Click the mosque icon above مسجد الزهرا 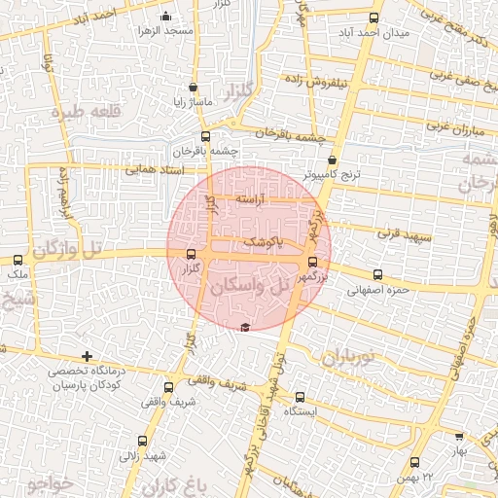coord(166,16)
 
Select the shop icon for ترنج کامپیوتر coord(333,160)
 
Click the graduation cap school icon coord(244,326)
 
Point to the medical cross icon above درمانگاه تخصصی coord(88,357)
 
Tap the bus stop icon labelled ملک coord(18,260)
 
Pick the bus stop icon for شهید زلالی coord(143,441)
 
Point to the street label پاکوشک coord(265,240)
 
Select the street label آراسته coord(251,198)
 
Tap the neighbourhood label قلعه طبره coord(92,110)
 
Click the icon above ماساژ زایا coord(193,86)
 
